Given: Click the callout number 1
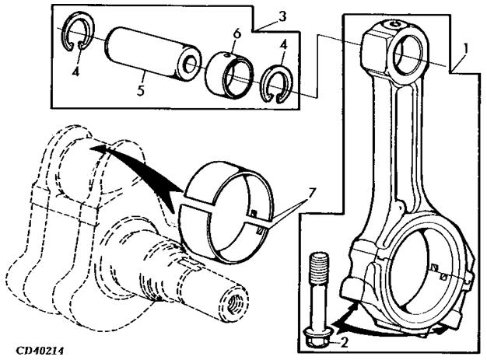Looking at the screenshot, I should tap(464, 49).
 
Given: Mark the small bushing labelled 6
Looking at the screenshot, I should tap(229, 73).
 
